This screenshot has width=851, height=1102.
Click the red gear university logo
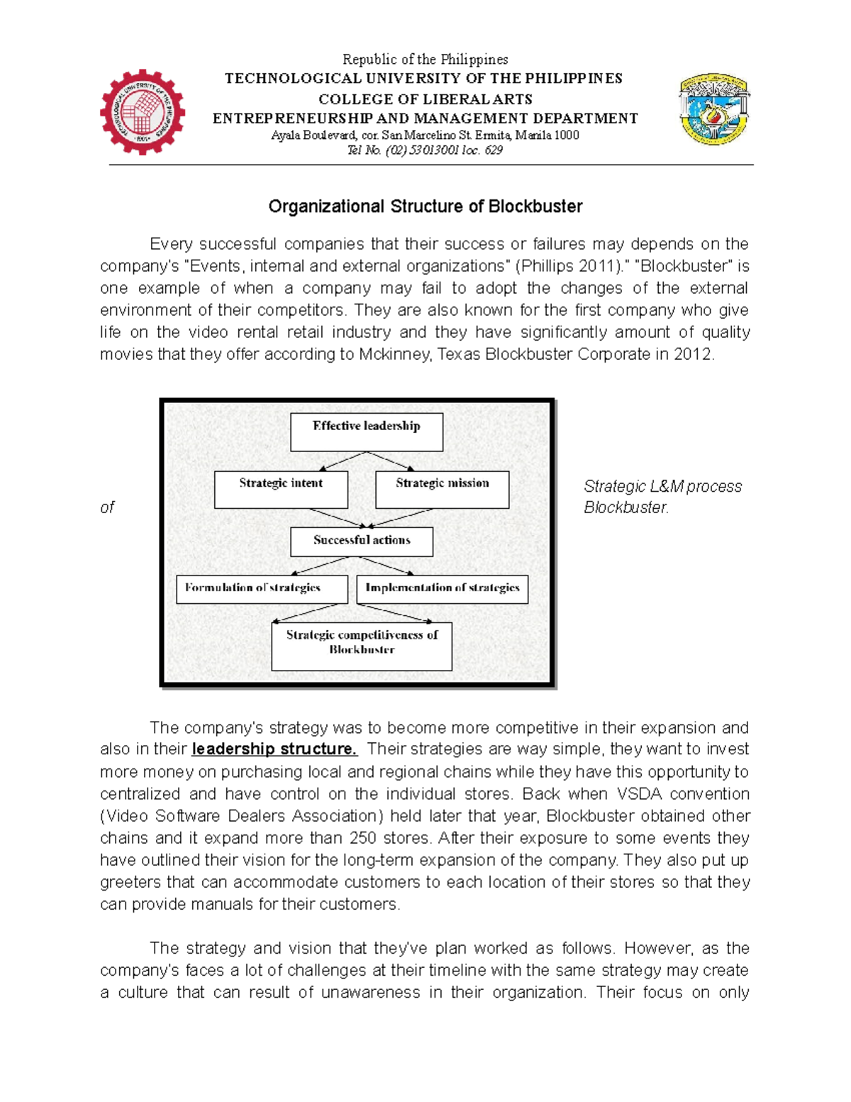[x=142, y=112]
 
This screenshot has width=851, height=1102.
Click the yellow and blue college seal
[x=714, y=109]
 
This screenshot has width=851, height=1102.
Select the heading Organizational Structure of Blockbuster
[x=425, y=206]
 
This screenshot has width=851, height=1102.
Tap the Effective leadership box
[x=367, y=432]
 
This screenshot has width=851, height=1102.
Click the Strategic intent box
[x=281, y=490]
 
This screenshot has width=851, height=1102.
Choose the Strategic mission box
[x=442, y=490]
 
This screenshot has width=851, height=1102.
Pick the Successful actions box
[x=362, y=541]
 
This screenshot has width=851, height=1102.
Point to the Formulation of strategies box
[x=262, y=589]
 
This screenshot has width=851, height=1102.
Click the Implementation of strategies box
[x=442, y=589]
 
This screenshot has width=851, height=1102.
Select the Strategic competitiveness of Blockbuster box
[x=362, y=646]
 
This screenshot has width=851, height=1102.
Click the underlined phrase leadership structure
[x=274, y=749]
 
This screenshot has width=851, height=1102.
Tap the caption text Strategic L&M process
[x=662, y=487]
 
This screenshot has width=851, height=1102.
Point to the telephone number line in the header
[x=425, y=150]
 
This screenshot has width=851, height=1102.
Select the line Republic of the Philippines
[x=425, y=60]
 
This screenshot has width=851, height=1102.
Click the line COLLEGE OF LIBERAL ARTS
[x=425, y=99]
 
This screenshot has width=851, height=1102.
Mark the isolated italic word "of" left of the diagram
[x=107, y=507]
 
